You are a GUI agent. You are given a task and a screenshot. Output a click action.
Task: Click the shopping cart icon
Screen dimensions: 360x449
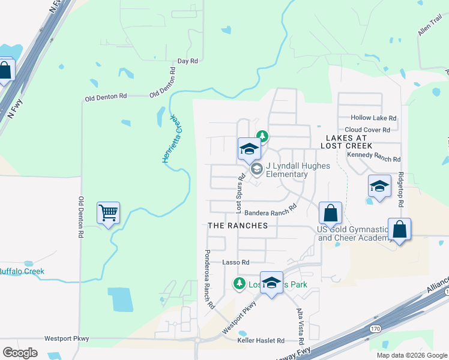[108, 212]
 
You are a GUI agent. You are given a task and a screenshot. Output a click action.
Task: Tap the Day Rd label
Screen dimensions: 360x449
[188, 61]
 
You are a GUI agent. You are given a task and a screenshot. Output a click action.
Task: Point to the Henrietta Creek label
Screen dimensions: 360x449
[171, 139]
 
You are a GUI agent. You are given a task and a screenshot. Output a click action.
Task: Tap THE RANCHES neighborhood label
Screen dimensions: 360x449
[237, 225]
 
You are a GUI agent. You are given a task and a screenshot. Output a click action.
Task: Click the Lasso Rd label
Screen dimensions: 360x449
[235, 262]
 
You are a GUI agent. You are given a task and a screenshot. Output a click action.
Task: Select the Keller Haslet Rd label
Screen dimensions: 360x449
[261, 341]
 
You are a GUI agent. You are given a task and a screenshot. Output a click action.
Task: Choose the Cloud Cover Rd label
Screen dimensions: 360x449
[367, 130]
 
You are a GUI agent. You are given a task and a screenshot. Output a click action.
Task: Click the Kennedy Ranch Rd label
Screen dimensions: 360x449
[373, 159]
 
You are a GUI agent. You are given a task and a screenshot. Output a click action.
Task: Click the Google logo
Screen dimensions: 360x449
[20, 353]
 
